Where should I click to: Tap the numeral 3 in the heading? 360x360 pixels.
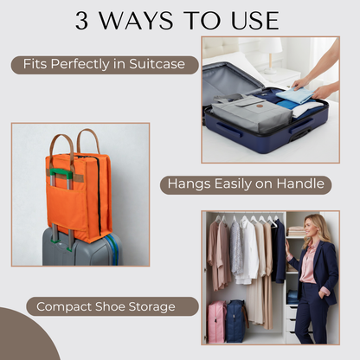coord(83,21)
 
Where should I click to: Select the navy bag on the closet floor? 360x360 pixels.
coord(237,320)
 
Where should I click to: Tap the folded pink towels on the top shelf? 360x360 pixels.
coord(296,231)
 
